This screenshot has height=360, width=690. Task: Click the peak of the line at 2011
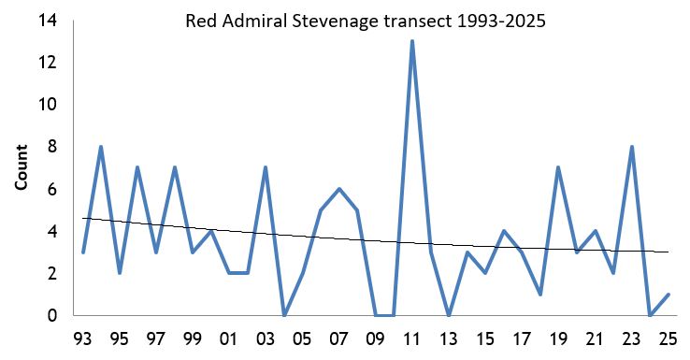(x=412, y=41)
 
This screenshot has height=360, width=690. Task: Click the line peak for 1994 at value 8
(x=101, y=147)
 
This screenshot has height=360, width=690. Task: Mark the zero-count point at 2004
(x=284, y=315)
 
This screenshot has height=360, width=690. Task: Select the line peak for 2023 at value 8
(x=632, y=147)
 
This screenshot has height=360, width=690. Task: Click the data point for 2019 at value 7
(x=558, y=168)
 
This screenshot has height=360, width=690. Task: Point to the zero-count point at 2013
(x=449, y=315)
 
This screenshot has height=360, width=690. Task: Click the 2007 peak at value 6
(x=338, y=189)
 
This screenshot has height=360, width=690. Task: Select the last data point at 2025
(x=668, y=295)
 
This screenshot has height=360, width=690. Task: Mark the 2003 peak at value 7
(x=266, y=168)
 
